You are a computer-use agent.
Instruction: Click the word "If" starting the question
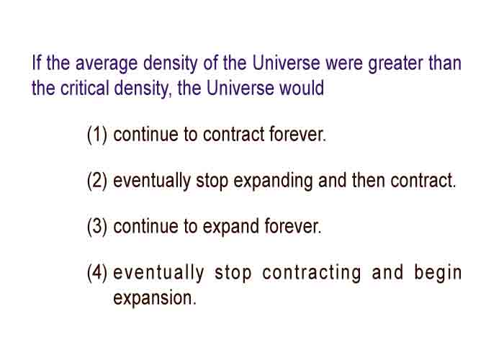(36, 63)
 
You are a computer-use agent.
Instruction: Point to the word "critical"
(84, 88)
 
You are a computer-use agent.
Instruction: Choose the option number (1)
(96, 135)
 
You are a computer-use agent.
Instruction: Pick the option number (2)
(96, 181)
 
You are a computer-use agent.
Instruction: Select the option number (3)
(96, 227)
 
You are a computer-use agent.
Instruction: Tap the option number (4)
(96, 273)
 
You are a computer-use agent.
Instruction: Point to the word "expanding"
(273, 181)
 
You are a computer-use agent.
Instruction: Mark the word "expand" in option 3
(231, 228)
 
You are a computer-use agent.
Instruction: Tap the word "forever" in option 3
(293, 226)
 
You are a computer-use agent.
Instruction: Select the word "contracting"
(312, 274)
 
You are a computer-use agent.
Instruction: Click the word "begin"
(438, 274)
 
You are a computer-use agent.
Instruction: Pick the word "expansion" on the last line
(155, 299)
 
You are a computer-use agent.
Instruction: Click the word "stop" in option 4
(233, 274)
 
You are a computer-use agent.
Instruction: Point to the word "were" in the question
(344, 63)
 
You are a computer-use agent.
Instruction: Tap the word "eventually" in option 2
(152, 181)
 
